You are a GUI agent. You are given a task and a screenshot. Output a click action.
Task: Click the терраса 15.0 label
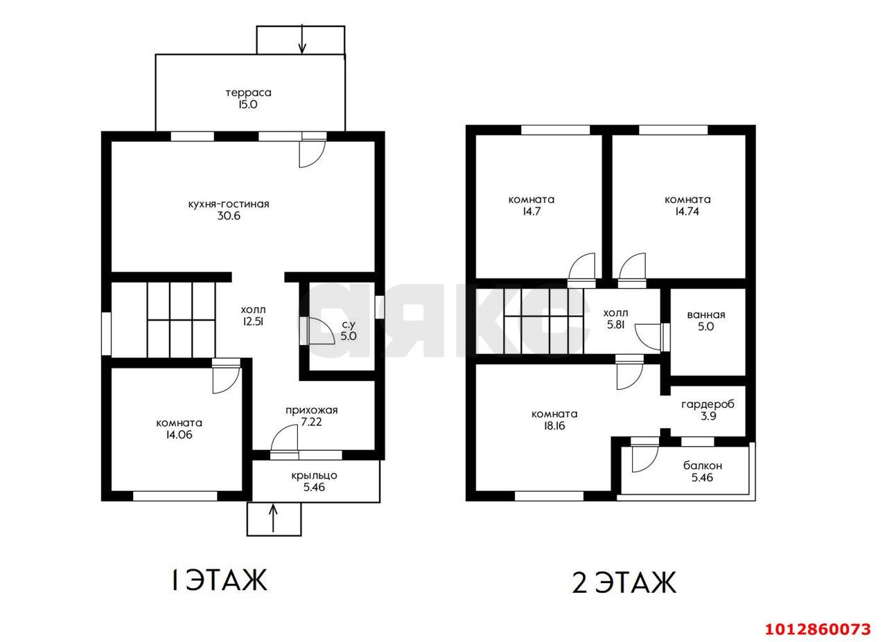click(x=249, y=98)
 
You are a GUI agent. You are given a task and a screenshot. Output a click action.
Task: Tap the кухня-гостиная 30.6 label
click(x=229, y=210)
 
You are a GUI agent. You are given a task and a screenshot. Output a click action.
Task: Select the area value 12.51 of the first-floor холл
click(x=254, y=321)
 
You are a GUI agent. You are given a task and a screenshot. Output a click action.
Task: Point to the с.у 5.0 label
click(x=349, y=330)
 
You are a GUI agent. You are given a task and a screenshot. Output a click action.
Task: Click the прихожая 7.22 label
click(x=312, y=416)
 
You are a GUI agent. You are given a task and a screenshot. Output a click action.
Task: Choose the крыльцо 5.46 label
click(x=314, y=481)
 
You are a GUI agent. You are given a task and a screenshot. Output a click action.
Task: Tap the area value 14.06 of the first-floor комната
click(x=179, y=435)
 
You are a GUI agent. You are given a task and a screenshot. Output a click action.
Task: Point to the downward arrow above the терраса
click(x=302, y=39)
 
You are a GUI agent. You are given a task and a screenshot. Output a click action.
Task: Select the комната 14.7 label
click(x=532, y=206)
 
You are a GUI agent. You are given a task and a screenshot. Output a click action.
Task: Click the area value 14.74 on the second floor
click(x=687, y=211)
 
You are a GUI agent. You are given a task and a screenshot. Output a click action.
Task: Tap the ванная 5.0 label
click(x=706, y=321)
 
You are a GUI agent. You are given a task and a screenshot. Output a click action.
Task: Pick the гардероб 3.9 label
click(x=708, y=410)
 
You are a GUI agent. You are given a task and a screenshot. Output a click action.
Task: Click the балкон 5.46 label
click(x=703, y=471)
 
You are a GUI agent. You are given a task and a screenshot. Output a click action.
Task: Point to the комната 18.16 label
click(x=554, y=420)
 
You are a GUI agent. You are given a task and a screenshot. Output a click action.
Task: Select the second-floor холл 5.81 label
click(x=616, y=319)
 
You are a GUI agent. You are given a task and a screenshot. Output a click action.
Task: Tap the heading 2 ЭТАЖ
click(x=624, y=582)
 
